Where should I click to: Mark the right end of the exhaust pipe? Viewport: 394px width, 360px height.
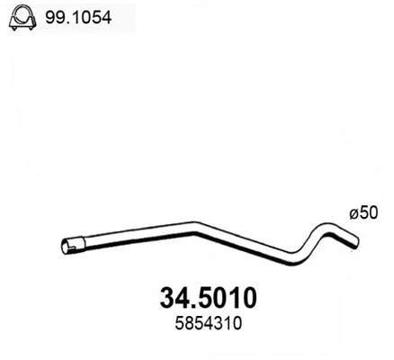tap(356, 239)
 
